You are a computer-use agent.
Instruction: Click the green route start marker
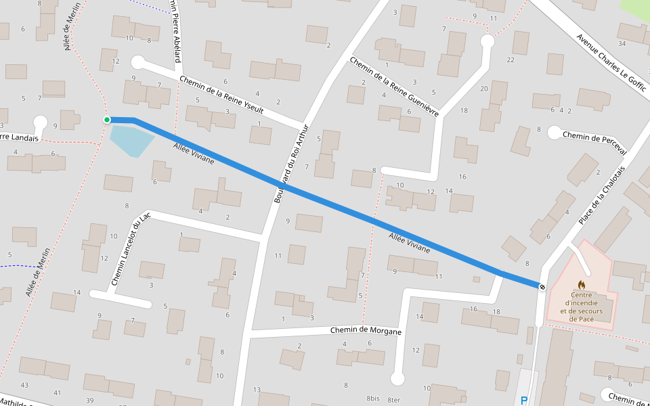(107, 120)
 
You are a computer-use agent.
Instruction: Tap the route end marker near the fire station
(542, 287)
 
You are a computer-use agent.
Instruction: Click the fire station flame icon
(581, 285)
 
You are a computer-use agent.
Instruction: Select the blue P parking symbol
(523, 401)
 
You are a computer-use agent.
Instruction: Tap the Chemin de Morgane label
(366, 331)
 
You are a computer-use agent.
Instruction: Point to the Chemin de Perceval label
(594, 138)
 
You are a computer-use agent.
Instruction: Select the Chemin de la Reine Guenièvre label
(394, 86)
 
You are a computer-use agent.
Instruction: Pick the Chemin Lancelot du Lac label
(130, 248)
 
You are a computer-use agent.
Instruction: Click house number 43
(24, 385)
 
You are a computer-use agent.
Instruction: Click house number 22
(510, 60)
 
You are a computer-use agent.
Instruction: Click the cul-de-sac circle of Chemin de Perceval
(554, 133)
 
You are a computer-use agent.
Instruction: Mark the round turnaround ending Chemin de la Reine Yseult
(138, 63)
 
